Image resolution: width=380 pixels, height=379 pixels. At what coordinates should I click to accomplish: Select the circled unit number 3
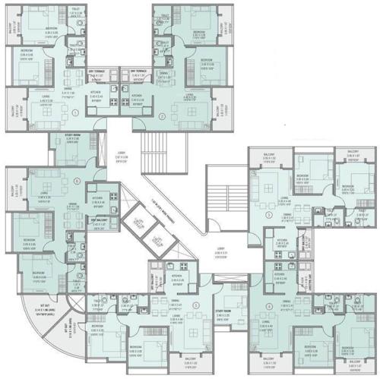(268, 215)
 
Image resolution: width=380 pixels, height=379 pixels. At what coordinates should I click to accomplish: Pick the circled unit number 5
(197, 305)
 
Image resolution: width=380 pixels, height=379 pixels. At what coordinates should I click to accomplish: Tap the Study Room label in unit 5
(223, 311)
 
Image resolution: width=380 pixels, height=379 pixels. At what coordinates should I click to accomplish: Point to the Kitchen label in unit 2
(137, 96)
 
